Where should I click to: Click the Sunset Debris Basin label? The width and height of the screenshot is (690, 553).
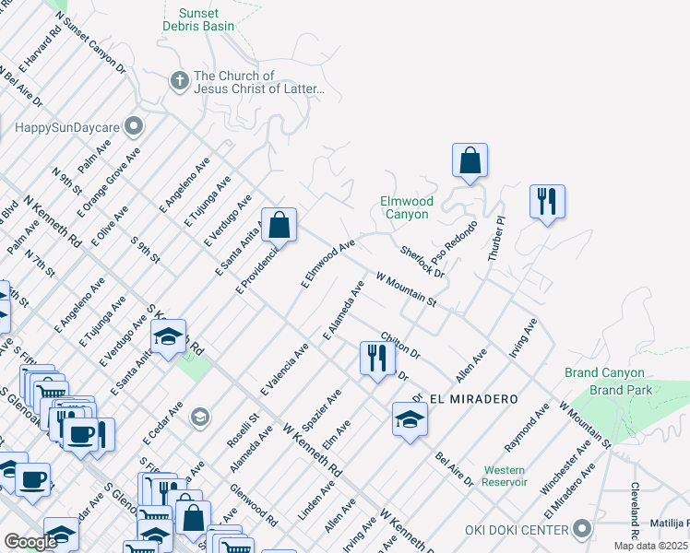198,19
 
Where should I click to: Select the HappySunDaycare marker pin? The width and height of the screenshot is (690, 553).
135,124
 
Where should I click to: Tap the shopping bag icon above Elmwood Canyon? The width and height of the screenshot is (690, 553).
470,159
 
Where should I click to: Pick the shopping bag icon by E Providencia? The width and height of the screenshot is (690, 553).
278,224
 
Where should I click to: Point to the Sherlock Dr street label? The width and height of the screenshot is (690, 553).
422,262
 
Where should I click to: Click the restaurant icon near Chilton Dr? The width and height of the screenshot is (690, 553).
376,357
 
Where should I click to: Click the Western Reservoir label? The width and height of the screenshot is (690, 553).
505,476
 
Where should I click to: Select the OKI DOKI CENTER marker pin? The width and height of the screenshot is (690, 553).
581,529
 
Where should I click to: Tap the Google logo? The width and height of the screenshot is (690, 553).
30,542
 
